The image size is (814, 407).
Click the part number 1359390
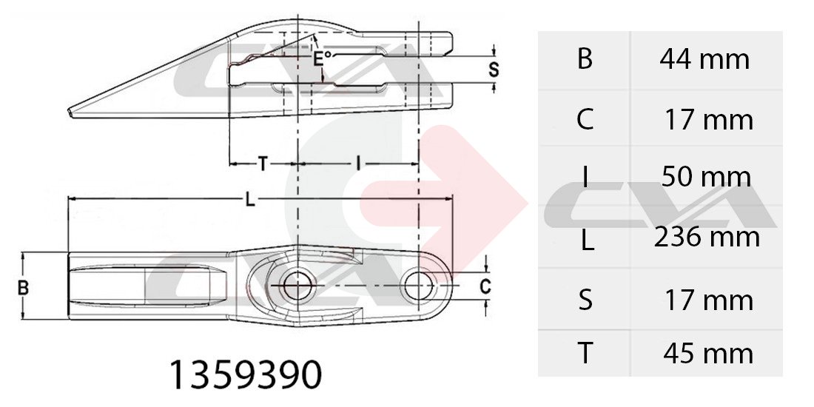[x=246, y=375]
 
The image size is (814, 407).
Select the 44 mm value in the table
[x=704, y=60]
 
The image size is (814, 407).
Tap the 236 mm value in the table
[x=707, y=238]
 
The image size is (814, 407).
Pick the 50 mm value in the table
[x=706, y=177]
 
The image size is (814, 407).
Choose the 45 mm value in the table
[x=708, y=354]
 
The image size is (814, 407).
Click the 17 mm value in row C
[x=709, y=121]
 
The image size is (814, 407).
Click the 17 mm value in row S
[x=709, y=300]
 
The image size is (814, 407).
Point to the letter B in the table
[x=585, y=59]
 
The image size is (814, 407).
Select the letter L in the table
[x=587, y=241]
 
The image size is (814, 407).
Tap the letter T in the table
[x=585, y=354]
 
